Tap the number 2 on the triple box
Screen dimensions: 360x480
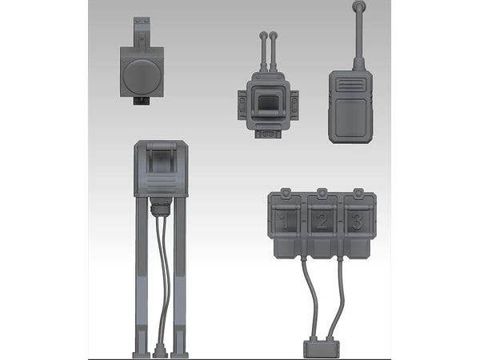point(322,219)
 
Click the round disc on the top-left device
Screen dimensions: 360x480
point(142,77)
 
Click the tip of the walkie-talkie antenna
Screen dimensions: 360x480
point(358,7)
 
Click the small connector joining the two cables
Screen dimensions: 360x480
point(321,348)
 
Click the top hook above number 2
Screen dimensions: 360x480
point(322,194)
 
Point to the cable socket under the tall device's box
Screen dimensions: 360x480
point(161,208)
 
